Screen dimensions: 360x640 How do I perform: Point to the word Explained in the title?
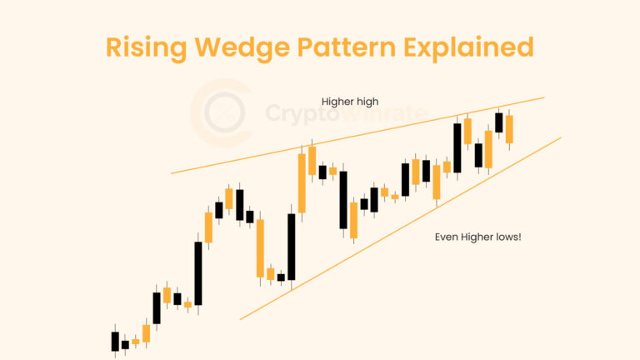point(479,47)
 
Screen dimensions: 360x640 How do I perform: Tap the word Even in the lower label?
point(446,237)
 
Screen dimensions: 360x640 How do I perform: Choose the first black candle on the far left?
point(115,341)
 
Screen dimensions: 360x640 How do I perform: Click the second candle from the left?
point(125,343)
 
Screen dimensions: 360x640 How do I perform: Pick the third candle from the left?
point(136,341)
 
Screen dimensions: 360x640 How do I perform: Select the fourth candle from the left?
point(146,332)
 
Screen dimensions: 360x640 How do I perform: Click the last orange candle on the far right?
point(509,128)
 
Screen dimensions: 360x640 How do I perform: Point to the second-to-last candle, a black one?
point(499,122)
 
